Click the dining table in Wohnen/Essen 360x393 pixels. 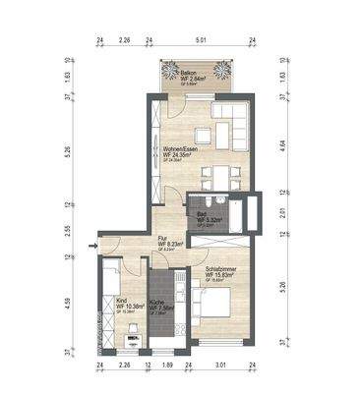[216, 175]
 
